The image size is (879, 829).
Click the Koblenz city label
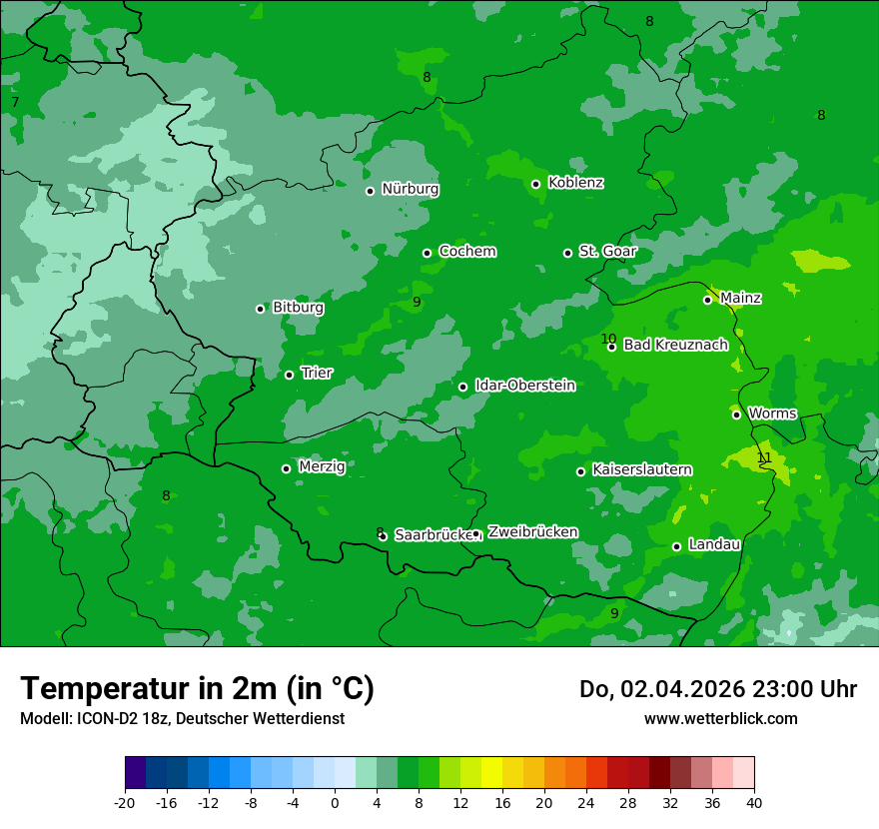click(x=575, y=183)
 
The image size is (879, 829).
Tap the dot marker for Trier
click(x=290, y=375)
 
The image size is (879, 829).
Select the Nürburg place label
click(x=410, y=189)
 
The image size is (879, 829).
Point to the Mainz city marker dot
click(x=707, y=300)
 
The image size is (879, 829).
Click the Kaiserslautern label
click(x=642, y=469)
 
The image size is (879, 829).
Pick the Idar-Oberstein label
click(x=524, y=386)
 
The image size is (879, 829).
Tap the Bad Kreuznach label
click(x=675, y=345)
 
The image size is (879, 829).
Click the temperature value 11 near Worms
click(x=764, y=457)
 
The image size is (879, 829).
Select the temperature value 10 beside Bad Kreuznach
click(x=608, y=339)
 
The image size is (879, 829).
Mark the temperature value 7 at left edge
click(x=15, y=102)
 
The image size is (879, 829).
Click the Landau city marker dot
click(x=676, y=546)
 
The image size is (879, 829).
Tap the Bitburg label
click(x=298, y=308)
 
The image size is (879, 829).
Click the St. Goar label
click(x=607, y=252)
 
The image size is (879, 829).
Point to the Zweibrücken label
click(x=532, y=532)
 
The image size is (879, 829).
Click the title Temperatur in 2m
click(x=197, y=688)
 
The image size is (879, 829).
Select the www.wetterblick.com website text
click(x=720, y=718)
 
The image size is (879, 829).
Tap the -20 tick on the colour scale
click(x=125, y=802)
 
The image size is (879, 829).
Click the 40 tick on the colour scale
click(x=754, y=802)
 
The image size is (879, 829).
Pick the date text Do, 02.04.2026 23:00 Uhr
click(x=717, y=689)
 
